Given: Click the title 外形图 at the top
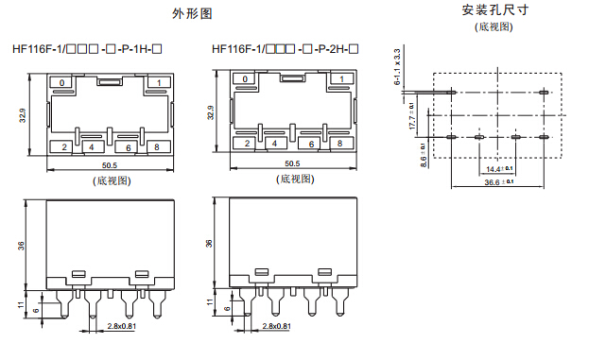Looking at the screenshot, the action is tap(192, 14).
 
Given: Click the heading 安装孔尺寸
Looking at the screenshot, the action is tap(495, 10).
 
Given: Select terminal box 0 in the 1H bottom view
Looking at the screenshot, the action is tap(62, 82).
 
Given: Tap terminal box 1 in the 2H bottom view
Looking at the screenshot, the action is tap(342, 79).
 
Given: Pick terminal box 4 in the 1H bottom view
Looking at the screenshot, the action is tap(92, 147).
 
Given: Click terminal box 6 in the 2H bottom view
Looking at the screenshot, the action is tap(311, 145).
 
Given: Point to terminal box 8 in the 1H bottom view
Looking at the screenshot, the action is tap(157, 146).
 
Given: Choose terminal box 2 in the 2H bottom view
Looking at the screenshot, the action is tap(247, 143).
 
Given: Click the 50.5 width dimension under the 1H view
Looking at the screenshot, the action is tap(110, 165).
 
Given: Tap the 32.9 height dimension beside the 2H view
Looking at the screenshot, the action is tap(210, 112).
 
